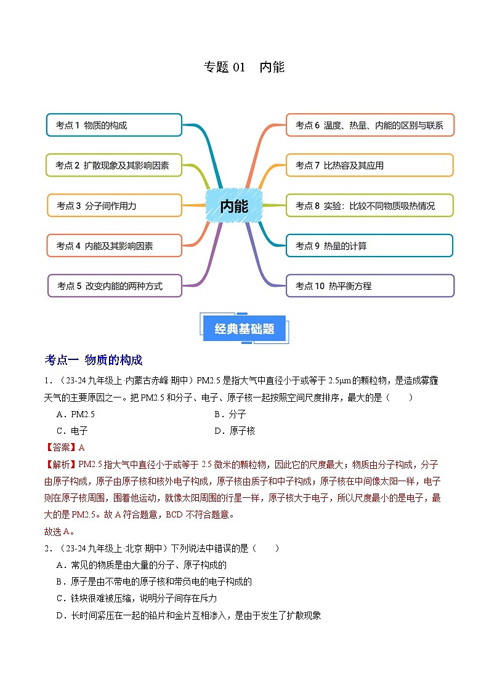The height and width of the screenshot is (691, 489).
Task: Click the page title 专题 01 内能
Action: coord(244,67)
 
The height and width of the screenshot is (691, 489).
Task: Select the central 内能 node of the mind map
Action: coord(234,206)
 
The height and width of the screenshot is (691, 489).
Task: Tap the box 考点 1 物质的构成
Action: coord(114,125)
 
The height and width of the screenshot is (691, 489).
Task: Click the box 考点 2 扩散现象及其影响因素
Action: coord(114,165)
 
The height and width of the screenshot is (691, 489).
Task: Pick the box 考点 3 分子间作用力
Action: coord(114,206)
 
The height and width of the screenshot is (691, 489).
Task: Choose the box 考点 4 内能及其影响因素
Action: coord(114,246)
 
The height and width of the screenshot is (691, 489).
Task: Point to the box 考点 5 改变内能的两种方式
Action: coord(114,286)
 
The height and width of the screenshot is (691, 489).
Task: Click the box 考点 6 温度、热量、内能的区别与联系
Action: coord(370,125)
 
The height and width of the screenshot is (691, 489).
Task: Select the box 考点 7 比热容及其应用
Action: coord(370,165)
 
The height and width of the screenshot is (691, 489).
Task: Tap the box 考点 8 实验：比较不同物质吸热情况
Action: coord(370,206)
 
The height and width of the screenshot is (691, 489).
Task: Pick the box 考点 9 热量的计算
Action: coord(370,246)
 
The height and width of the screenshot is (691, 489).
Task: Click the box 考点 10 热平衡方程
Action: coord(370,286)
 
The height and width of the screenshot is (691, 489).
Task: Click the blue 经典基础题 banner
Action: coord(244,329)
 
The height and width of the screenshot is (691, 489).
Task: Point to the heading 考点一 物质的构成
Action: coord(94,360)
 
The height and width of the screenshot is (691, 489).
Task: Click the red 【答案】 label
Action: coord(61,447)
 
